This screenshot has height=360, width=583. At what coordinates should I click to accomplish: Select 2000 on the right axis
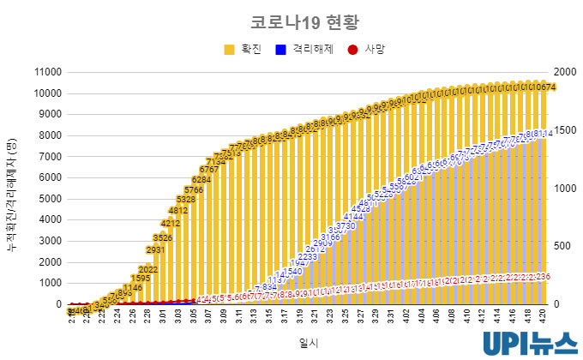pyautogui.click(x=567, y=72)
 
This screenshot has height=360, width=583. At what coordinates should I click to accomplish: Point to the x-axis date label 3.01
pyautogui.click(x=163, y=317)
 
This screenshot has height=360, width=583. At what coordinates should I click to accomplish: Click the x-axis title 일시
pyautogui.click(x=308, y=342)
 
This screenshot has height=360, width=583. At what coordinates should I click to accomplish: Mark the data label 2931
pyautogui.click(x=155, y=250)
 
